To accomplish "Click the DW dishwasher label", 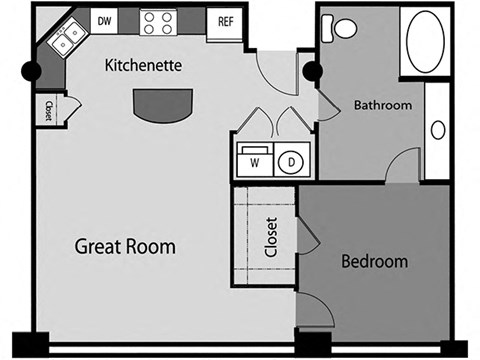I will (x=103, y=19).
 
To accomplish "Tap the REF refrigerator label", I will (x=226, y=19).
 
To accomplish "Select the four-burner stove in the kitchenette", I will (x=157, y=20).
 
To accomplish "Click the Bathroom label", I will (x=384, y=104).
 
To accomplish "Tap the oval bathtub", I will (x=427, y=45).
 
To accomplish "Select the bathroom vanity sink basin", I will (x=437, y=129).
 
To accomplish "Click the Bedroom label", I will (x=375, y=262).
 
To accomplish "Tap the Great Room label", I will (x=126, y=245).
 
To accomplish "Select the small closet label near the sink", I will (x=46, y=110).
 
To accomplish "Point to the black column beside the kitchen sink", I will (x=31, y=73).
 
